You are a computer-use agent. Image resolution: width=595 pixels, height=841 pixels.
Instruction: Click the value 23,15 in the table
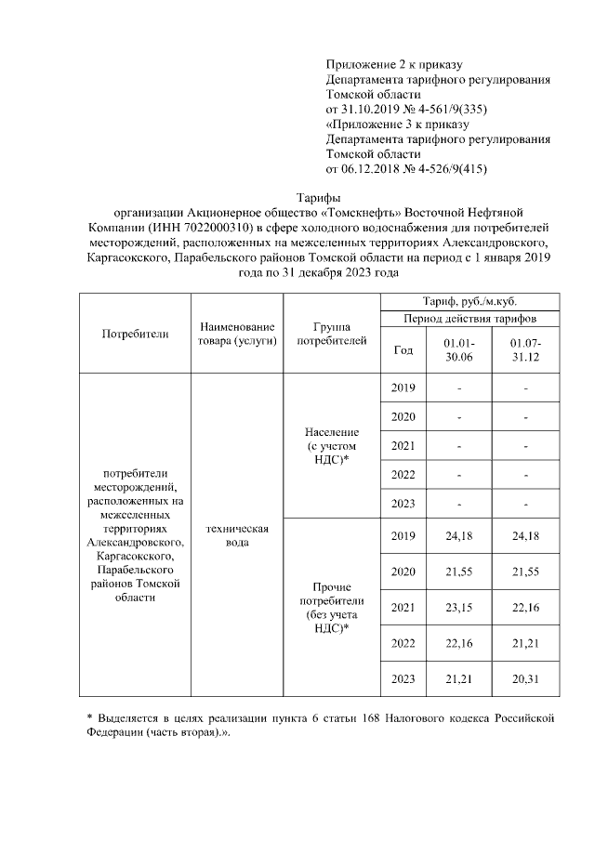(459, 607)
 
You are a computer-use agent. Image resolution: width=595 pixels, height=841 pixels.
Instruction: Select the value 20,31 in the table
(525, 679)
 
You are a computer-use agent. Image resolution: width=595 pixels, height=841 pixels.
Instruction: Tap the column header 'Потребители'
(135, 335)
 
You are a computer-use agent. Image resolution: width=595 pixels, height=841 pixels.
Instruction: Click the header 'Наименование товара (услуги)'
(236, 335)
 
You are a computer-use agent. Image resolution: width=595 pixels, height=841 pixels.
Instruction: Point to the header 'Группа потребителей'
(331, 335)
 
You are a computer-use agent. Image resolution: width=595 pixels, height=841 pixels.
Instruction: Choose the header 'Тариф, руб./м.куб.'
(469, 302)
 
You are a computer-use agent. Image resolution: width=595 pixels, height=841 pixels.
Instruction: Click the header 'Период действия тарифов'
(469, 319)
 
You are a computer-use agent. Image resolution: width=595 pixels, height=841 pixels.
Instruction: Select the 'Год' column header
(403, 350)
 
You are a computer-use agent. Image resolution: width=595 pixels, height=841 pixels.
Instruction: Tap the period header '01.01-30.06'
(459, 350)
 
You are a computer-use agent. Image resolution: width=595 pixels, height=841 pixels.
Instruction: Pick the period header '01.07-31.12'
(525, 350)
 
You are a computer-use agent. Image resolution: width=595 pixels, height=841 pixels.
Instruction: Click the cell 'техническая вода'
(236, 535)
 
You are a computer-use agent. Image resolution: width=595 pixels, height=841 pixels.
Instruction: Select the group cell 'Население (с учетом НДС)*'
(332, 446)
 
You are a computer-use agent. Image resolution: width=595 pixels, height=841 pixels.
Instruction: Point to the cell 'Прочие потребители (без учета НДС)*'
(332, 607)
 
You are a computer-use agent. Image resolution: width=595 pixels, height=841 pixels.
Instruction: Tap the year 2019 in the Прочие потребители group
(403, 536)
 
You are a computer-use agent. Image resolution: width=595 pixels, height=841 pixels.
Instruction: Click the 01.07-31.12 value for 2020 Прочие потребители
(525, 572)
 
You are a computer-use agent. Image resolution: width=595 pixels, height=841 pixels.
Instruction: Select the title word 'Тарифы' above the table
(319, 197)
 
